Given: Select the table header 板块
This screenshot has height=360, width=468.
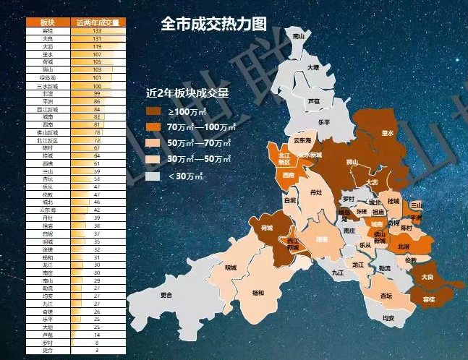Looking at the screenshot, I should [x=48, y=22].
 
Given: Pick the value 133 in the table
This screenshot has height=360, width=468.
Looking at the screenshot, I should [x=97, y=31].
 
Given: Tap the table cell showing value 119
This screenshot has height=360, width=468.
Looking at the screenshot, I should [x=97, y=46].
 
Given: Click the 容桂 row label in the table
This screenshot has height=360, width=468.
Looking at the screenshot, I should [x=48, y=31].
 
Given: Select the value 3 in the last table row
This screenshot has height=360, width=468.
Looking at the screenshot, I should [x=97, y=351].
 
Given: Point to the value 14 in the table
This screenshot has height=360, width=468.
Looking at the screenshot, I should [x=97, y=335].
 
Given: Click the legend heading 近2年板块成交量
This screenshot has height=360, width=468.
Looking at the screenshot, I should [x=187, y=93].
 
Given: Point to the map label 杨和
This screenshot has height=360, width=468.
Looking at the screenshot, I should [x=258, y=293].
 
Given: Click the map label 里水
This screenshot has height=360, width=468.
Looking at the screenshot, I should [x=388, y=133].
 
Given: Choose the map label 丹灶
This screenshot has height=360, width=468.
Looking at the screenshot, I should [x=315, y=194].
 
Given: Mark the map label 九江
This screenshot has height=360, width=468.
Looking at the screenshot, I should [x=338, y=273].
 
